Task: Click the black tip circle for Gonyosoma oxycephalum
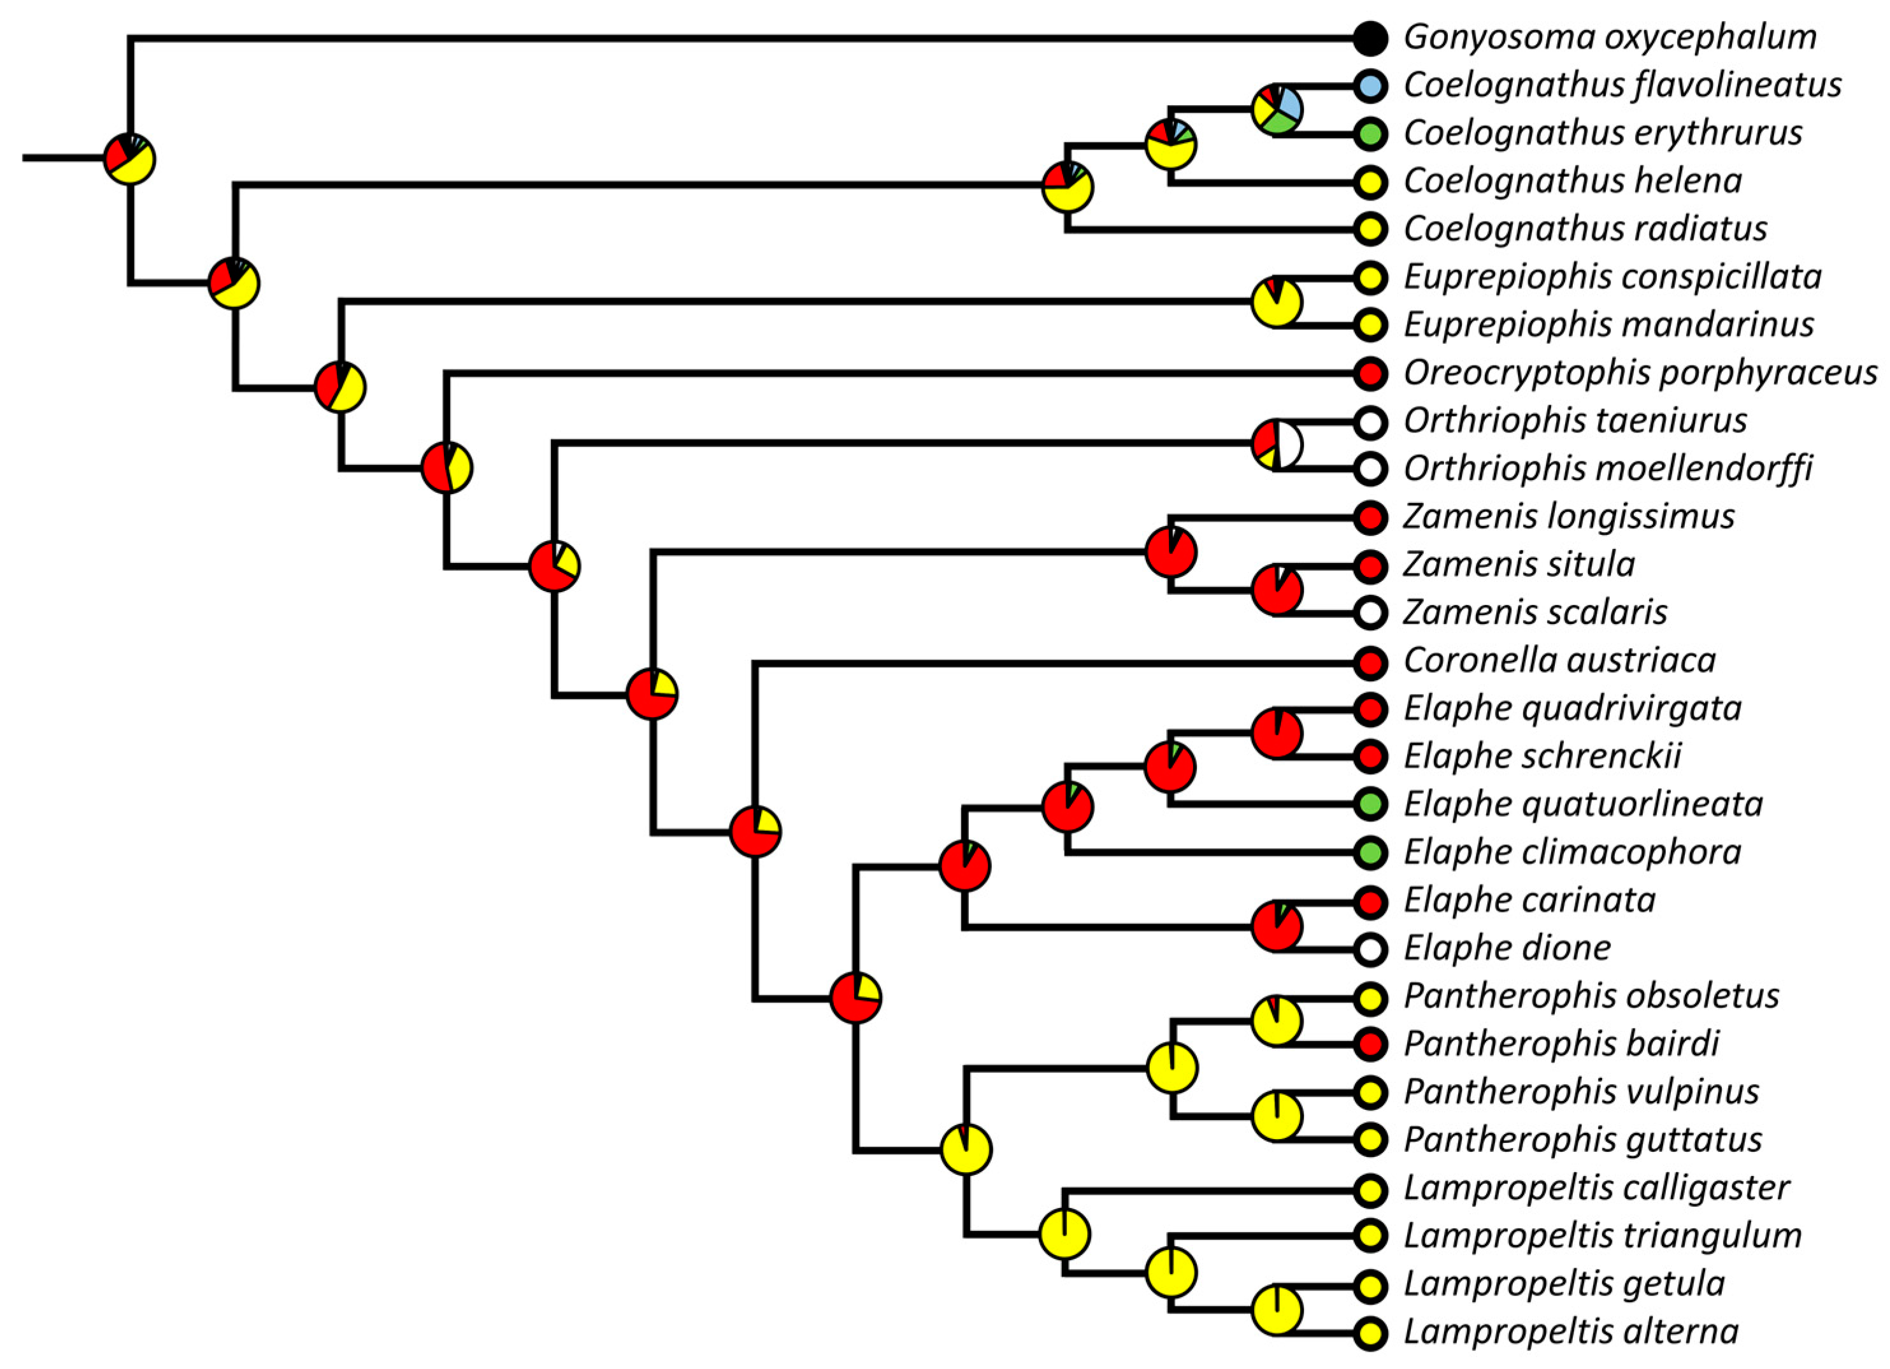click(x=1370, y=38)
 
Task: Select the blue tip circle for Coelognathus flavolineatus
click(x=1370, y=85)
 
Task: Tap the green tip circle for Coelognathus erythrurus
click(x=1370, y=133)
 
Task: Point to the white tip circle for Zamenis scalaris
click(x=1370, y=613)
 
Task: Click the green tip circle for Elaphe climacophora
click(x=1370, y=853)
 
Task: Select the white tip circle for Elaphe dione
click(x=1370, y=948)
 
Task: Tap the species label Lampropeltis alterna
click(x=1571, y=1331)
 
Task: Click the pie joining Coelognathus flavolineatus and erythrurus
click(x=1277, y=109)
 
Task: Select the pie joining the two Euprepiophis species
click(x=1277, y=302)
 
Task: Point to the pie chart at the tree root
click(x=129, y=159)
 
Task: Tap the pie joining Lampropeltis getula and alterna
click(x=1277, y=1310)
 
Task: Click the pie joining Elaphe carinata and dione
click(x=1277, y=926)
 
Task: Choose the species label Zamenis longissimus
click(x=1568, y=516)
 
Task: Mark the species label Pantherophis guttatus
click(x=1582, y=1140)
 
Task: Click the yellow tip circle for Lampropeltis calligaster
click(x=1370, y=1189)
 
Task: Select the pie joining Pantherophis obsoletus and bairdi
click(x=1277, y=1021)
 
